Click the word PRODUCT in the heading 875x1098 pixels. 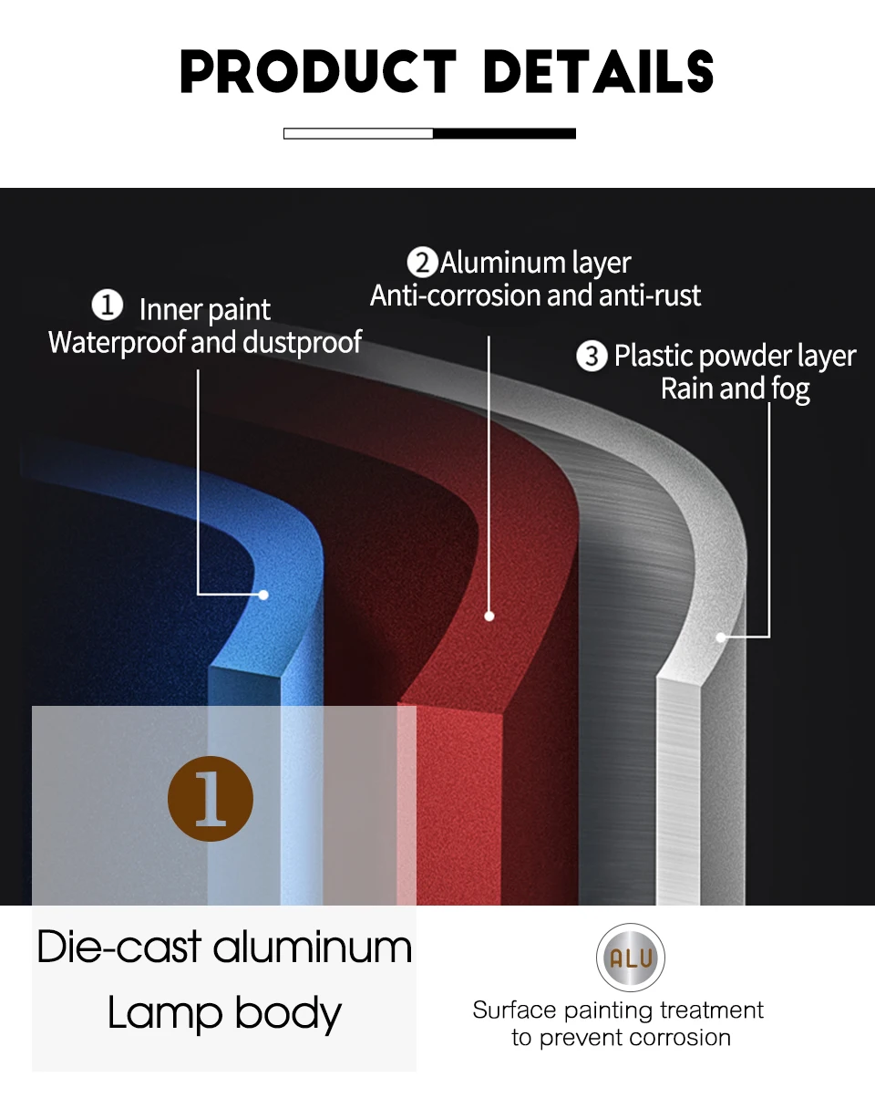pyautogui.click(x=318, y=72)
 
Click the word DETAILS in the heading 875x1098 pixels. pyautogui.click(x=598, y=72)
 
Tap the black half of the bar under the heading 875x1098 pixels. pyautogui.click(x=504, y=133)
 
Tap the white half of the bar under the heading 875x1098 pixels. pyautogui.click(x=358, y=133)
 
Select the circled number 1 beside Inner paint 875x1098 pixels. pyautogui.click(x=108, y=306)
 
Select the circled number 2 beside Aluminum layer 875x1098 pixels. pyautogui.click(x=422, y=263)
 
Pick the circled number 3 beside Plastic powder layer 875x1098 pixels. pyautogui.click(x=592, y=356)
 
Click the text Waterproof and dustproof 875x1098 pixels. pyautogui.click(x=205, y=342)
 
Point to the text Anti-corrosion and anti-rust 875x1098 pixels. pyautogui.click(x=536, y=295)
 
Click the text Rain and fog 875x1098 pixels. pyautogui.click(x=735, y=388)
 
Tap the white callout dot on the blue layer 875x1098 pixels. pyautogui.click(x=263, y=595)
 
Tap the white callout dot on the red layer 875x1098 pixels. pyautogui.click(x=489, y=616)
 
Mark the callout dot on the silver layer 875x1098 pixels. pyautogui.click(x=721, y=637)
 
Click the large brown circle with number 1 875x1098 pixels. pyautogui.click(x=211, y=798)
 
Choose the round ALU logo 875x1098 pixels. pyautogui.click(x=631, y=958)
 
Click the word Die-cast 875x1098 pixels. pyautogui.click(x=118, y=948)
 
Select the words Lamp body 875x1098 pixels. pyautogui.click(x=224, y=1013)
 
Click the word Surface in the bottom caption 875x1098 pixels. pyautogui.click(x=514, y=1010)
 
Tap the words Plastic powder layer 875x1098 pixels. pyautogui.click(x=735, y=356)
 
